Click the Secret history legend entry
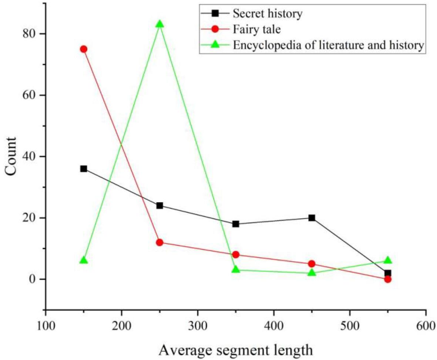click(267, 14)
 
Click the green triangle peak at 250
click(159, 24)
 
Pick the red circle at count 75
click(84, 49)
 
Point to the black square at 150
click(84, 169)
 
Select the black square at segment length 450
click(312, 218)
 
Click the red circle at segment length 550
click(387, 279)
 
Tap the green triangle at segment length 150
click(84, 260)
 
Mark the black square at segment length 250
click(159, 206)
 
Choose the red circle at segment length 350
click(236, 254)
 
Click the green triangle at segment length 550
click(387, 260)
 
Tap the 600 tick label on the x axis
click(426, 320)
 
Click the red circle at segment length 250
click(159, 242)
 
